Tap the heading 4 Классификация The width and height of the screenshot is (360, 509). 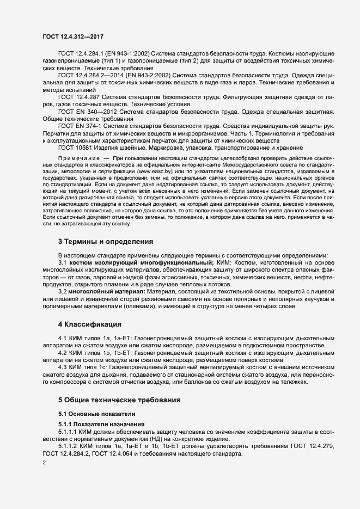pyautogui.click(x=90, y=324)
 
